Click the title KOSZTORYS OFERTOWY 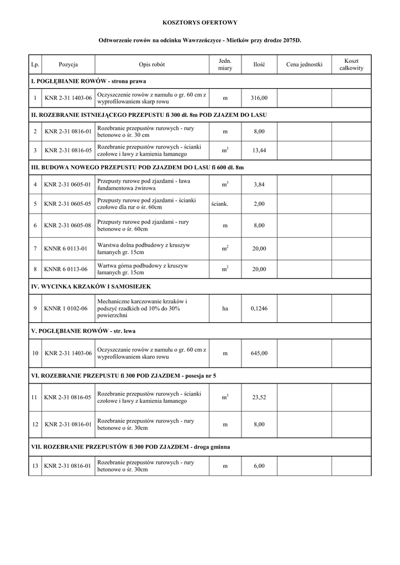coord(199,23)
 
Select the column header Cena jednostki coord(304,65)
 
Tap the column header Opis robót coord(151,65)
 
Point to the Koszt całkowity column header coord(351,64)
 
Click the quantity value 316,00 coord(259,98)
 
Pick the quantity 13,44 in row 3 coord(259,150)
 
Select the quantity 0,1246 coord(259,309)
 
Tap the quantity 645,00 coord(259,353)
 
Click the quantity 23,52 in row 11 coord(259,397)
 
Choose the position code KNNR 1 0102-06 coord(66,309)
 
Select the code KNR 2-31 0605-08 coord(67,226)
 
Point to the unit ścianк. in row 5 coord(219,204)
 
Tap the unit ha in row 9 coord(225,309)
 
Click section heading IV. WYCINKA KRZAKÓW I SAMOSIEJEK coord(91,287)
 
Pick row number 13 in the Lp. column coord(35,466)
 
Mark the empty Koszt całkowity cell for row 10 coord(351,353)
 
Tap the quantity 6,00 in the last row coord(259,466)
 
